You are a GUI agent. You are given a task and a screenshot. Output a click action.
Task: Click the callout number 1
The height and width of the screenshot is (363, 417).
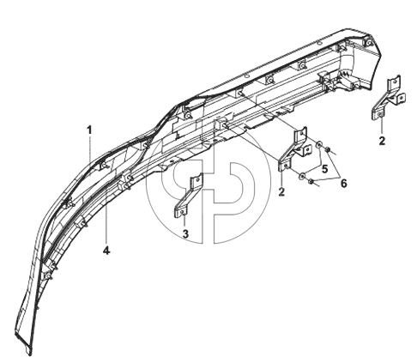[x=89, y=130]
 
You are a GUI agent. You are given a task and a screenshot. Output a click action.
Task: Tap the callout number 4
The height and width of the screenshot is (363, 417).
[x=106, y=251]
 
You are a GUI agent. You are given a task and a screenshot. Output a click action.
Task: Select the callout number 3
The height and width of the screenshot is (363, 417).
[x=185, y=233]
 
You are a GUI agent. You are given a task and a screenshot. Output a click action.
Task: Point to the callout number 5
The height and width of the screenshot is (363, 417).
[x=324, y=169]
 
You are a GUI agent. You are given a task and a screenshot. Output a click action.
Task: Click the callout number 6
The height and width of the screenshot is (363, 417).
[x=344, y=184]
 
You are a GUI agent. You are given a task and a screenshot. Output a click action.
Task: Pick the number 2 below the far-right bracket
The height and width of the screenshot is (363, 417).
[x=382, y=141]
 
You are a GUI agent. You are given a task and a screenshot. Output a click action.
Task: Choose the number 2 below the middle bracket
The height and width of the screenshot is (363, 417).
[x=281, y=191]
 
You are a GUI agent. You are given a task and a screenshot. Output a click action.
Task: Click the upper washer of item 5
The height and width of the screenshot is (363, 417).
[x=318, y=144]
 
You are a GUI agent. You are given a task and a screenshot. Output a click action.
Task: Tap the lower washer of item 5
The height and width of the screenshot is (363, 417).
[x=301, y=176]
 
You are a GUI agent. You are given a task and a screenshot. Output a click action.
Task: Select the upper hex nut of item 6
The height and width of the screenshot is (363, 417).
[x=328, y=149]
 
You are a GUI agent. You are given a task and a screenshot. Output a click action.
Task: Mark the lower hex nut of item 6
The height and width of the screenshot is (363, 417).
[x=311, y=181]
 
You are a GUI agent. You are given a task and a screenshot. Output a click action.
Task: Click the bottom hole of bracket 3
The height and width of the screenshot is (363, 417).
[x=183, y=212]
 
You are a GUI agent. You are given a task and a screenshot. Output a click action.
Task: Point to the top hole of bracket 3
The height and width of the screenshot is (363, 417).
[x=197, y=179]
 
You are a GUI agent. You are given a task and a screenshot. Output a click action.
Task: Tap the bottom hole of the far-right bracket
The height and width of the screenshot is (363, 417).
[x=380, y=114]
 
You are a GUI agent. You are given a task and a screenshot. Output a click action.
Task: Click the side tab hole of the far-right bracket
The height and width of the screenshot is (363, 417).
[x=401, y=98]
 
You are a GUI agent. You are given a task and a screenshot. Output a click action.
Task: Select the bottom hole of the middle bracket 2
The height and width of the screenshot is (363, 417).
[x=286, y=165]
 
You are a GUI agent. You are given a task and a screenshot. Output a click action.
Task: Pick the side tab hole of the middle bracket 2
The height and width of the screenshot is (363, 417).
[x=306, y=149]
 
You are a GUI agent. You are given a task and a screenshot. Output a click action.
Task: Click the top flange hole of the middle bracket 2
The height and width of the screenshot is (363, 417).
[x=301, y=133]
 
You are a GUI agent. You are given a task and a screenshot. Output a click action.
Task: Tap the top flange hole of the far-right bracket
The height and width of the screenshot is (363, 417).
[x=395, y=82]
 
